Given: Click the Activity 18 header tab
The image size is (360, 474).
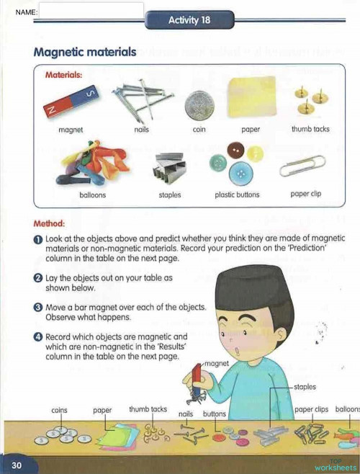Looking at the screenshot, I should tap(189, 20).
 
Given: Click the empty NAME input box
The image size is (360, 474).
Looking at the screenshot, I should tap(91, 11).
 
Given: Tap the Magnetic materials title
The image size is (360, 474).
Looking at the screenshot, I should tap(84, 52).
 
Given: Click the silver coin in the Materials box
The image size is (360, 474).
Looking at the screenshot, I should tap(199, 106).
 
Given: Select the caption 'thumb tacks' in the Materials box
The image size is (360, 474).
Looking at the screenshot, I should tap(310, 130).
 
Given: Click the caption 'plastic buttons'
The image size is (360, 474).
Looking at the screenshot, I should tap(237, 194).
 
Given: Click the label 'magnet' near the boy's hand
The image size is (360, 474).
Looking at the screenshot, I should tap(217, 363).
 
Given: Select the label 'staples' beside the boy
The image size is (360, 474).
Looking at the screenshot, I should tap(305, 387).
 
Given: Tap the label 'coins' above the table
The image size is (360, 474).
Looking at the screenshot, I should tap(60, 410).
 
